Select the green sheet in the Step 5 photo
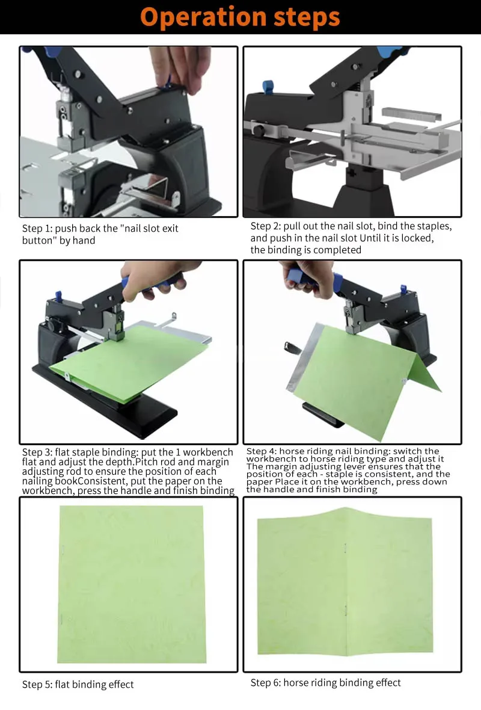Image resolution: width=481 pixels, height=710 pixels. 132,584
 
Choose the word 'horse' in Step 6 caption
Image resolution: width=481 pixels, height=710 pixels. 296,682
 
